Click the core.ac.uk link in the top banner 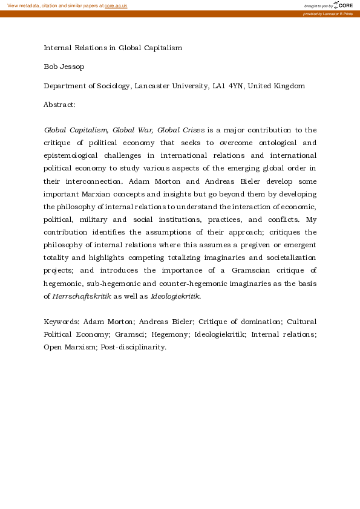coord(116,5)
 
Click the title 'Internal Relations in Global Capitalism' coord(113,47)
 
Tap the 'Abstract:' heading coord(59,105)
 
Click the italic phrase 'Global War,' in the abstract coord(133,130)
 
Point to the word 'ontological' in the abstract coord(275,143)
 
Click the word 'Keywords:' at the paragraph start coord(61,322)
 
